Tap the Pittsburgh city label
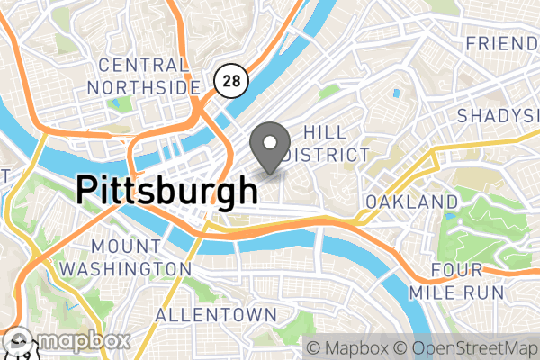click(x=166, y=191)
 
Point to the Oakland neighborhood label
click(x=412, y=201)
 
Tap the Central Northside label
click(x=144, y=76)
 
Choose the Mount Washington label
click(x=125, y=256)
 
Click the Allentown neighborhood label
click(x=215, y=315)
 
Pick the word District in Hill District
click(x=324, y=155)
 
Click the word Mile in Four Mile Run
click(x=455, y=293)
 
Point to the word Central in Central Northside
click(x=144, y=65)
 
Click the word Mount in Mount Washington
click(x=125, y=245)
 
